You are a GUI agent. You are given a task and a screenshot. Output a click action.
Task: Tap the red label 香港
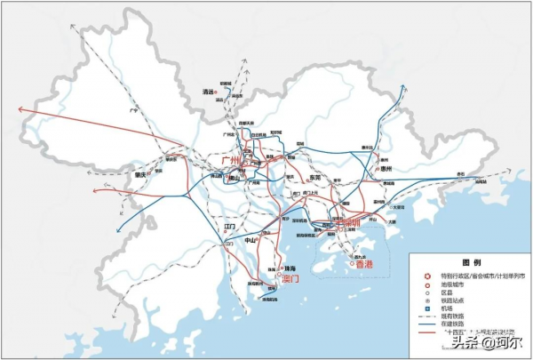pos(364,266)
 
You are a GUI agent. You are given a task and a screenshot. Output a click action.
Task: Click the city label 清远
pos(209,91)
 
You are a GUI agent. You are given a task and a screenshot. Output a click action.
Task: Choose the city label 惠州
pos(386,169)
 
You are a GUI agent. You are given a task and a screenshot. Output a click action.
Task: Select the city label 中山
pos(251,240)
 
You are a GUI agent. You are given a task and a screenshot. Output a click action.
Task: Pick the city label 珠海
pos(289,268)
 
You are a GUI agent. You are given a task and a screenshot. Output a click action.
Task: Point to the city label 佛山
pos(234,177)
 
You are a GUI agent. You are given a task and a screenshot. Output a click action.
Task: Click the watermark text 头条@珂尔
pos(487,343)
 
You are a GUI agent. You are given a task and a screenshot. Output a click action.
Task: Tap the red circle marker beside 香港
pos(357,258)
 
